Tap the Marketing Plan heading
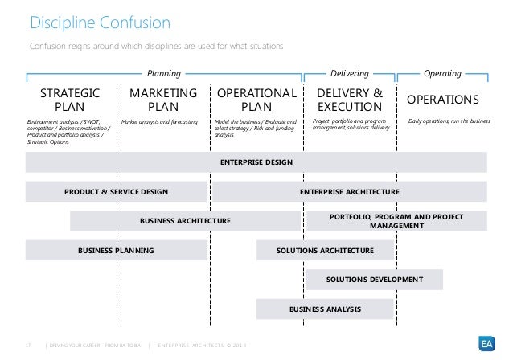163,100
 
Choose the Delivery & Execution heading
350,100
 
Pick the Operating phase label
442,72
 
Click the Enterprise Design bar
256,162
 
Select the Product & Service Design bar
117,192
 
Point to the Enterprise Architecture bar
349,192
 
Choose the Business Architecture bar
186,221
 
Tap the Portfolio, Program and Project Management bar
396,221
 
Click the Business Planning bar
116,251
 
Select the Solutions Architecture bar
325,251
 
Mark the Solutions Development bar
375,280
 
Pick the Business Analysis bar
325,309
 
